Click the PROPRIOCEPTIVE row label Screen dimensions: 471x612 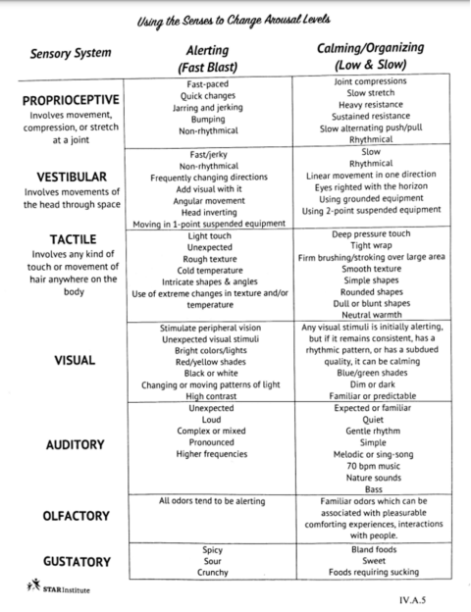point(70,100)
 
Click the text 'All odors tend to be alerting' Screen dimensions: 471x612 point(212,501)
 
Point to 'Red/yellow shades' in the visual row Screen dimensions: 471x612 point(212,361)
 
